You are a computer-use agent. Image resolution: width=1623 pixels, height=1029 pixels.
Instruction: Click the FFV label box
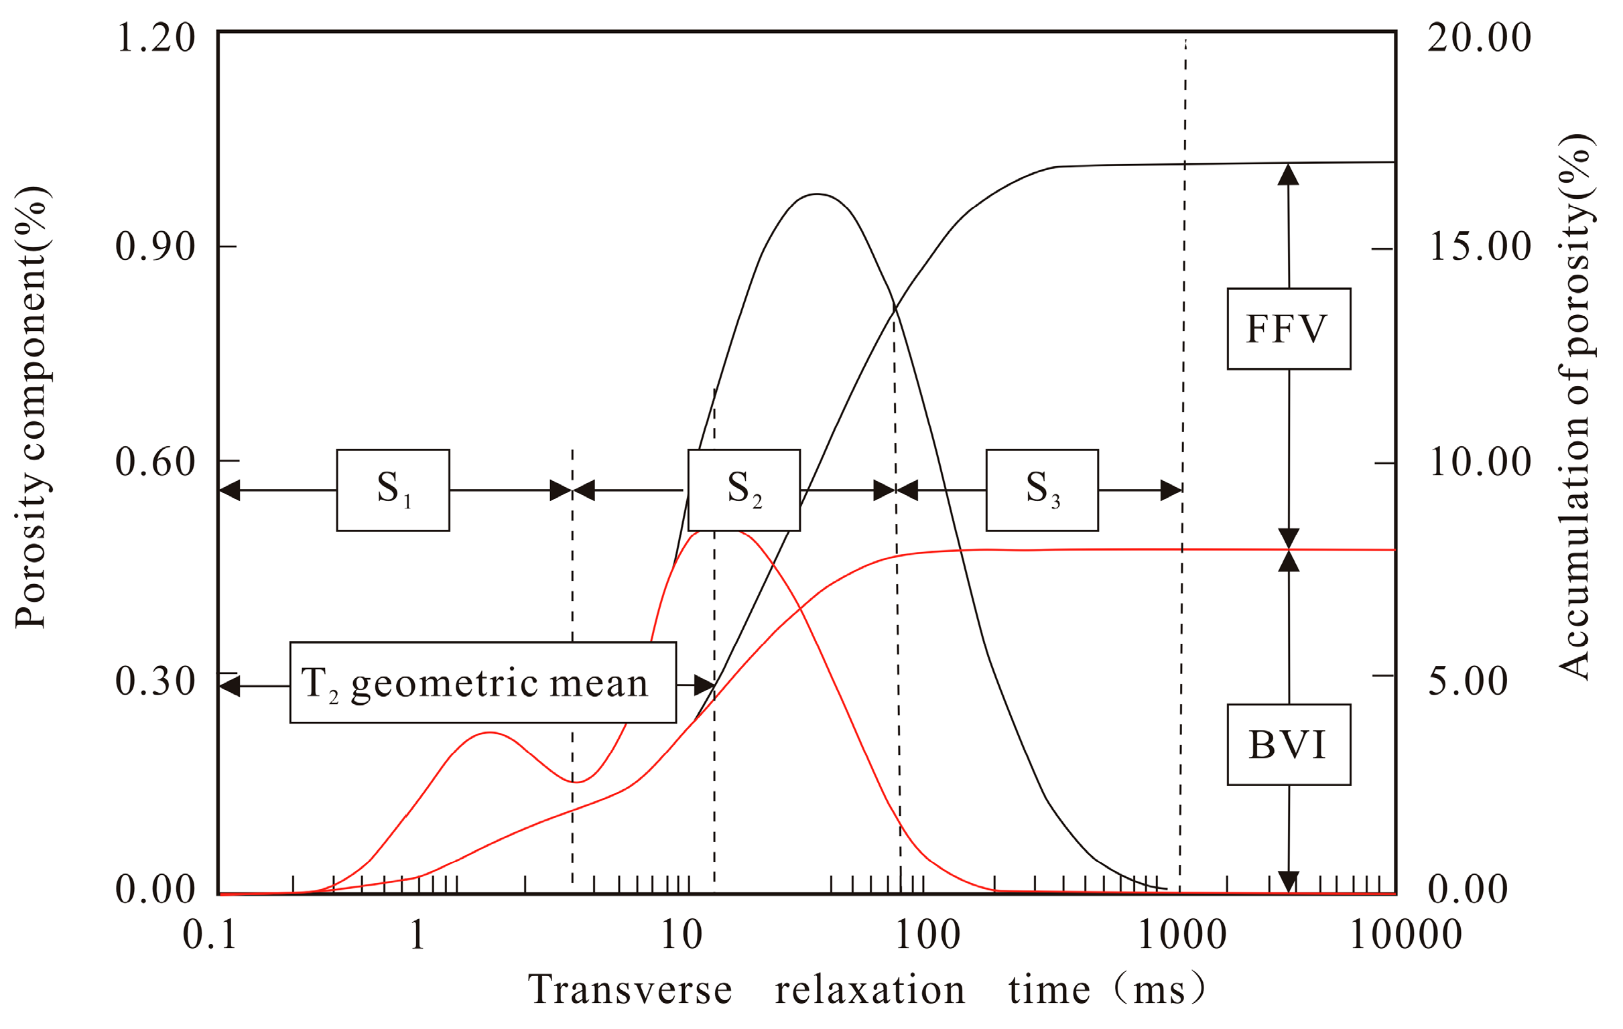[x=1288, y=329]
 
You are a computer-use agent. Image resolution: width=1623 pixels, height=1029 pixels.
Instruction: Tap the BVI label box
[x=1288, y=745]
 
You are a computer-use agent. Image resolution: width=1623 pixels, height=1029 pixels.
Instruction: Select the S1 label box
[x=393, y=490]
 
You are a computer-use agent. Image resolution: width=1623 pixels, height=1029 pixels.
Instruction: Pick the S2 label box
[x=743, y=490]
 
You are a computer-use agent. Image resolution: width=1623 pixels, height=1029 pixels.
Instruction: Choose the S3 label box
[x=1041, y=490]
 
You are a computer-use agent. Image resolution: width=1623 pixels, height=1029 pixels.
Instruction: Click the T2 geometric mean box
[x=482, y=683]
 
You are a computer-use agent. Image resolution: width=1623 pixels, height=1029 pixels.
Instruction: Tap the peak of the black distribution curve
[x=817, y=194]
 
